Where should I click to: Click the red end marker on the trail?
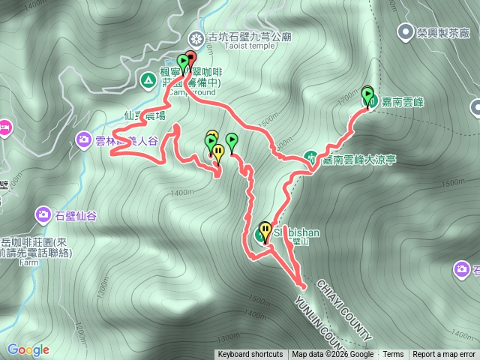point(190,58)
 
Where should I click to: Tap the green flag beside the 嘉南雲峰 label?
point(367,94)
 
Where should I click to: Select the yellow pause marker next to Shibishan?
point(265,229)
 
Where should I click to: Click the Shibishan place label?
point(295,232)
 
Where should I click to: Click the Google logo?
point(28,349)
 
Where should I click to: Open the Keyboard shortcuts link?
point(250,355)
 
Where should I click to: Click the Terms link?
point(393,355)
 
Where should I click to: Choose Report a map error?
point(443,355)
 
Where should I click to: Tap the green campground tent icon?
point(148,78)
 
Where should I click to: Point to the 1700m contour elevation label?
point(346,99)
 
